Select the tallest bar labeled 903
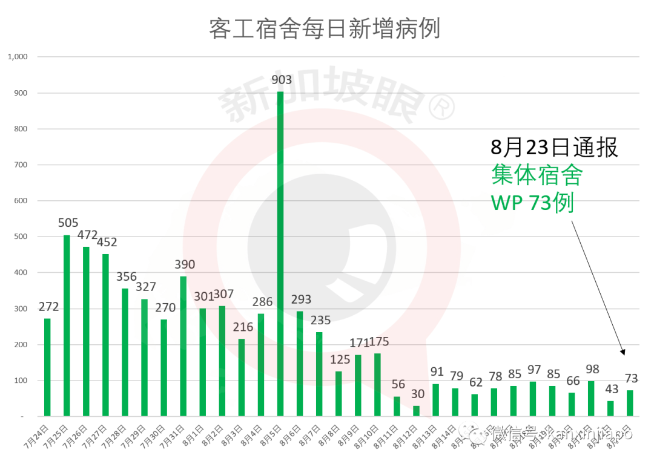click(280, 254)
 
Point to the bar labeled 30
click(417, 411)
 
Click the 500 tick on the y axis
click(21, 237)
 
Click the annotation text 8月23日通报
click(553, 147)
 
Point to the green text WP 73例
click(532, 203)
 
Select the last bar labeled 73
click(630, 404)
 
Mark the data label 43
click(610, 390)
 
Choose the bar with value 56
click(397, 407)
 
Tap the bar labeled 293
click(300, 364)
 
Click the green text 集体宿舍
click(537, 175)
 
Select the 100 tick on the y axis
click(21, 381)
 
